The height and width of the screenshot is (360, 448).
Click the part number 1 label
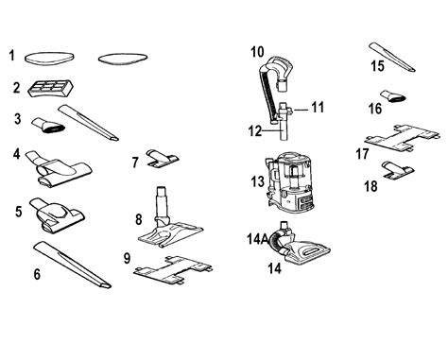click(x=11, y=55)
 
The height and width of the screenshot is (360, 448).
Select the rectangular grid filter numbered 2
click(x=51, y=87)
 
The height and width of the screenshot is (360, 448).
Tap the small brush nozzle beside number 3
click(x=48, y=126)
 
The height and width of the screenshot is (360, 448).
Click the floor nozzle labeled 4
click(x=59, y=168)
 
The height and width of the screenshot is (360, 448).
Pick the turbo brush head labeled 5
click(x=57, y=215)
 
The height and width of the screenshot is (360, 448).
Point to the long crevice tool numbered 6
click(x=72, y=265)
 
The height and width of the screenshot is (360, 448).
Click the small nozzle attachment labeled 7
click(x=162, y=158)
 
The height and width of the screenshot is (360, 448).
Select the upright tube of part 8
click(x=161, y=203)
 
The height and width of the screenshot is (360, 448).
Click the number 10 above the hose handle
click(x=257, y=52)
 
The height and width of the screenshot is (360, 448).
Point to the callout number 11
click(x=318, y=107)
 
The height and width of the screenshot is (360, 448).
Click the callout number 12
click(x=255, y=130)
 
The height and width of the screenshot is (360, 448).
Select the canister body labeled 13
click(x=290, y=181)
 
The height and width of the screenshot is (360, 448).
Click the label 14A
click(x=257, y=239)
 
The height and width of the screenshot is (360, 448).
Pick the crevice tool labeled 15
click(x=391, y=57)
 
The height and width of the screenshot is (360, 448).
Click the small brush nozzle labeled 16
click(x=392, y=96)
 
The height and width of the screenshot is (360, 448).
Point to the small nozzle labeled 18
click(x=397, y=169)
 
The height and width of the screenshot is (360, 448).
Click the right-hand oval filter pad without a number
click(x=123, y=59)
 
